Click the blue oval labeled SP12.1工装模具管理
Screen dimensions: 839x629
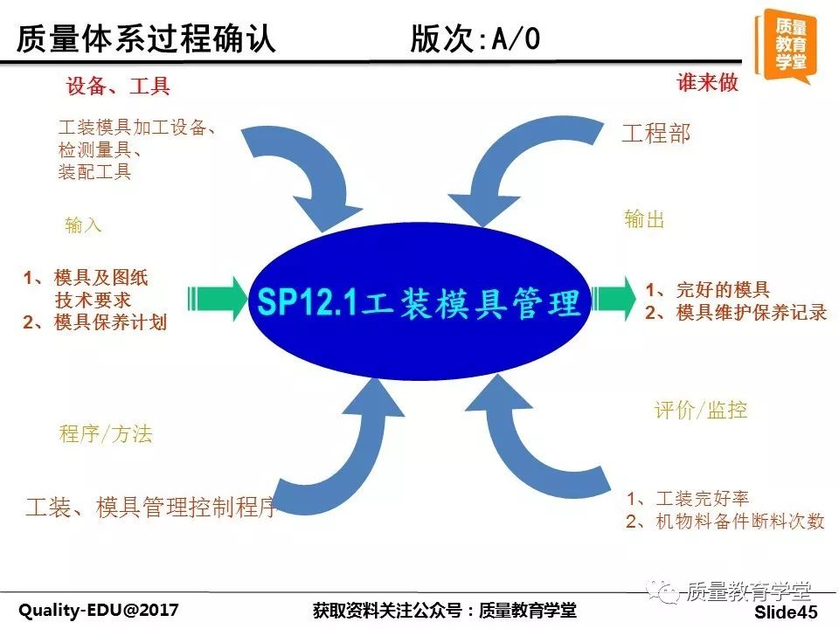pyautogui.click(x=420, y=301)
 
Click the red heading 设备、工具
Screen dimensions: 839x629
pyautogui.click(x=118, y=86)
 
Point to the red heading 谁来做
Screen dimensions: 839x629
pyautogui.click(x=707, y=82)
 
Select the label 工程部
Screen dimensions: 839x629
pyautogui.click(x=656, y=133)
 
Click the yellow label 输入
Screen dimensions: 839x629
pyautogui.click(x=83, y=225)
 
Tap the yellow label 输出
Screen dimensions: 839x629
pyautogui.click(x=644, y=219)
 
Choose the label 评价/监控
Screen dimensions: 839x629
pyautogui.click(x=700, y=411)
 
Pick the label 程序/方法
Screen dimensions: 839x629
pyautogui.click(x=106, y=434)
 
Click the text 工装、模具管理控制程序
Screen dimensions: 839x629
pyautogui.click(x=151, y=507)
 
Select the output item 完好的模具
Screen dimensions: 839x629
pyautogui.click(x=723, y=290)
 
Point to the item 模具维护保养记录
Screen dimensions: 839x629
pyautogui.click(x=752, y=313)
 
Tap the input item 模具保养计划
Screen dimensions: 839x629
pyautogui.click(x=111, y=322)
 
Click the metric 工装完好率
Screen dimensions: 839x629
pyautogui.click(x=702, y=499)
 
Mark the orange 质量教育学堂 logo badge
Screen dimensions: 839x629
pyautogui.click(x=786, y=46)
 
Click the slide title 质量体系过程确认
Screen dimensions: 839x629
pyautogui.click(x=146, y=38)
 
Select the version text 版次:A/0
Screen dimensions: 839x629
pyautogui.click(x=475, y=38)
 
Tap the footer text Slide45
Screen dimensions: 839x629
pyautogui.click(x=787, y=612)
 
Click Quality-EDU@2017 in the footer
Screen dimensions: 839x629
pyautogui.click(x=99, y=611)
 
